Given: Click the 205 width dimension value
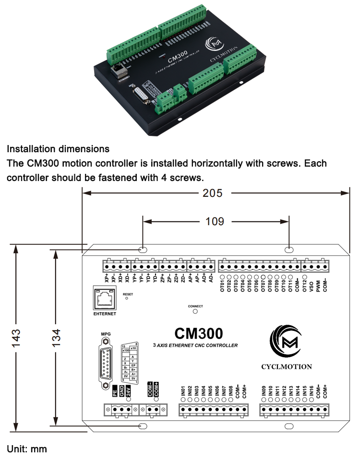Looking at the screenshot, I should click(212, 193).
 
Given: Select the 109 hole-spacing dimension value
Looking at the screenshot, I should click(215, 221).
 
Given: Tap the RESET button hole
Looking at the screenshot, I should click(127, 298).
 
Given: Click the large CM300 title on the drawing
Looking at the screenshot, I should click(198, 333).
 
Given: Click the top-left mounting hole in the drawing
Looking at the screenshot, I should click(143, 250).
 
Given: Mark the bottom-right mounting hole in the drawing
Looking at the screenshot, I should click(288, 426).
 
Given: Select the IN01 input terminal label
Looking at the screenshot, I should click(183, 390).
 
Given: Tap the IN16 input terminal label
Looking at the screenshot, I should click(311, 390).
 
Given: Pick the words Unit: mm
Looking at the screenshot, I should click(27, 449).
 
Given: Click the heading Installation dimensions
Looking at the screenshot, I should click(58, 149).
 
